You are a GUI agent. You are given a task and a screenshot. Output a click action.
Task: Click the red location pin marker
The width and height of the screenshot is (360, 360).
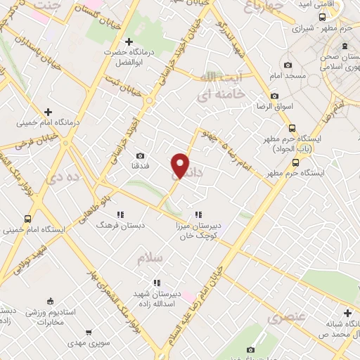tap(181, 165)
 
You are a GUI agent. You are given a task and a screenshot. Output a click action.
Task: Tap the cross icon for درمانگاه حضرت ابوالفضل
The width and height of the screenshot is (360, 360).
tap(127, 41)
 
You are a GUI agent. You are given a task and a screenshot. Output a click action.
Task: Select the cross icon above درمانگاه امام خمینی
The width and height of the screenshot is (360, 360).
tap(48, 112)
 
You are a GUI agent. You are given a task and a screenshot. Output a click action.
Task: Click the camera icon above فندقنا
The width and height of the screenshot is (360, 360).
tap(140, 155)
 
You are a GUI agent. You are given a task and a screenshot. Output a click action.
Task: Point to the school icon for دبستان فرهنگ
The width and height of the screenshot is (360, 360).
tap(120, 214)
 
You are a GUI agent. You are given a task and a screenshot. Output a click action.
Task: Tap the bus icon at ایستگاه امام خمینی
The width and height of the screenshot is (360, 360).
tap(27, 219)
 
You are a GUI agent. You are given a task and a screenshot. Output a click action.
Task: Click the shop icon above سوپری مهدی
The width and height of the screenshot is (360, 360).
tap(88, 333)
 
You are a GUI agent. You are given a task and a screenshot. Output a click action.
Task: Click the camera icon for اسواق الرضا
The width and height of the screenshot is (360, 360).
tap(274, 96)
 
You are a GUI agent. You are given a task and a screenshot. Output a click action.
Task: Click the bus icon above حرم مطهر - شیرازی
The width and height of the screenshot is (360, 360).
tap(321, 17)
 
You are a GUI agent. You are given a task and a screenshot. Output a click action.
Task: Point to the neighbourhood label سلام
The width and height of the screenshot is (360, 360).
tap(150, 259)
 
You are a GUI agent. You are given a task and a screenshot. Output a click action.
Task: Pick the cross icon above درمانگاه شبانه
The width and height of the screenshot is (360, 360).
tap(347, 313)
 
